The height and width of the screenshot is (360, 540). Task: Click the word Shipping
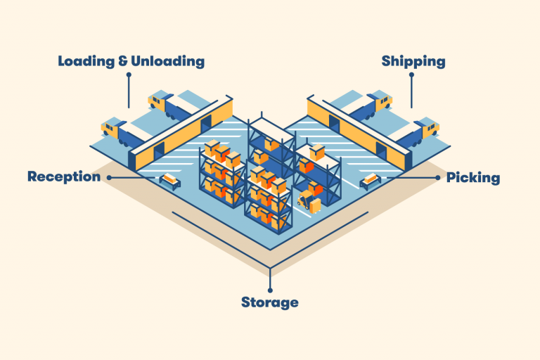[413, 61]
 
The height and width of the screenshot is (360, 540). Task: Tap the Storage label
[270, 303]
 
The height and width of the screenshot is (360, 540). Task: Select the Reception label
[64, 176]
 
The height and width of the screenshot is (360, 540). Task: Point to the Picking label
[473, 178]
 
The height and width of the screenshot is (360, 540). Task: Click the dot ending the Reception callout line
[108, 177]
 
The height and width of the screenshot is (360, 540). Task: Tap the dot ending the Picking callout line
[439, 178]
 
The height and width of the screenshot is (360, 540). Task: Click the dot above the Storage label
[270, 288]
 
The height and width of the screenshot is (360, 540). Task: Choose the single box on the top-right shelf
[318, 150]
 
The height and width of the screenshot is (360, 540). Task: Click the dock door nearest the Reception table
[160, 149]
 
